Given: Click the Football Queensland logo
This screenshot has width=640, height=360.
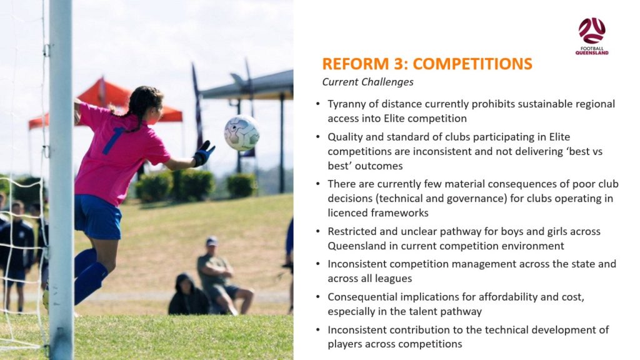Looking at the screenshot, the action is click(592, 36).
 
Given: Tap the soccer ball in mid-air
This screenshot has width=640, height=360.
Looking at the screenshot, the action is click(242, 132).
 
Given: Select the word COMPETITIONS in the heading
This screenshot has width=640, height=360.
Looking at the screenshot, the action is click(472, 64).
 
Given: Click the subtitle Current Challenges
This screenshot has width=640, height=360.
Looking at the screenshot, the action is click(367, 82).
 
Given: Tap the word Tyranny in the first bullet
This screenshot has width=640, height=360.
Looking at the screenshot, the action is click(346, 104).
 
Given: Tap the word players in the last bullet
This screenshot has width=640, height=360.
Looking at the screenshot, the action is click(345, 344).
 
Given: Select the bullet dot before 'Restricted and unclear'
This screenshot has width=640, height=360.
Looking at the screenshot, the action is click(318, 231).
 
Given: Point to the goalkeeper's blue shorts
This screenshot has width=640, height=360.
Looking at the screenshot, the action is click(97, 217).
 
